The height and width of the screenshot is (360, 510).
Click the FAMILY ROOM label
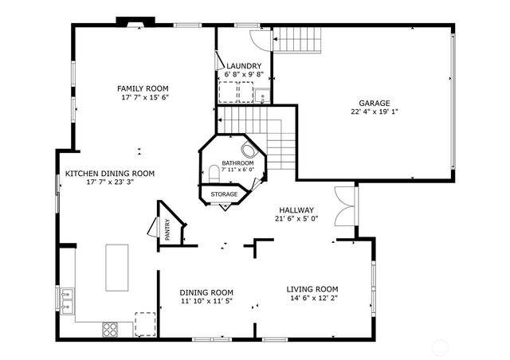coord(143,88)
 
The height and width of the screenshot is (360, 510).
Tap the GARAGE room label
coord(374,104)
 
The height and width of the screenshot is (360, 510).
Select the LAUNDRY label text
coord(243,65)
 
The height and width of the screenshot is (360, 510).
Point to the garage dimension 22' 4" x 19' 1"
coord(374,112)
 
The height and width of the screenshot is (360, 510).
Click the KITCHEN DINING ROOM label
coord(110,173)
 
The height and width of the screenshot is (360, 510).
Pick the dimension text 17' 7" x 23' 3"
coord(110,182)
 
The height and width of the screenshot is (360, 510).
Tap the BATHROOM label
coord(237,162)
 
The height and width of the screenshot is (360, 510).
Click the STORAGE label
coord(224,194)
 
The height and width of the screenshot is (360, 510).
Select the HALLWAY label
coord(296,210)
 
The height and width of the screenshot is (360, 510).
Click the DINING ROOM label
coord(206,292)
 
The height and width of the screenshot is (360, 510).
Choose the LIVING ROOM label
coord(312,289)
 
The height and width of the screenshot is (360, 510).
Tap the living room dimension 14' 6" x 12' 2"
coord(312,299)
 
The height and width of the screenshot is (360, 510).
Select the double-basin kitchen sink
coord(65,299)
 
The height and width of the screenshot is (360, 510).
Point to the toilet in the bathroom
coord(214,172)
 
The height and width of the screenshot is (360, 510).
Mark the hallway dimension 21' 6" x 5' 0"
coord(296,219)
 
